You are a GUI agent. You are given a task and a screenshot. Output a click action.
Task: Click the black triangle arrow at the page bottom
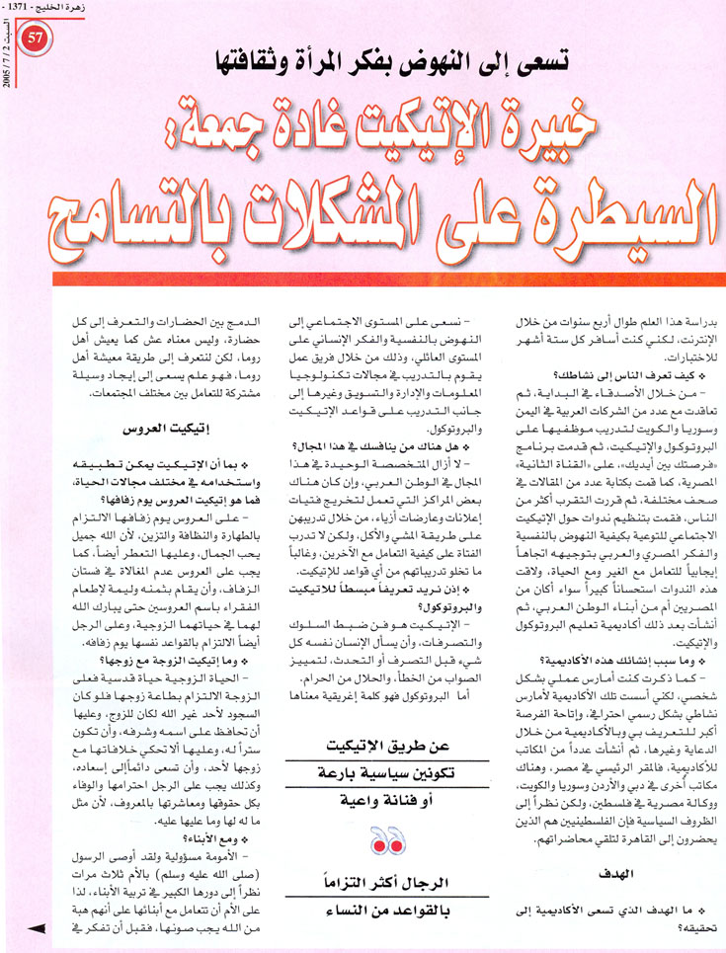click(x=39, y=927)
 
